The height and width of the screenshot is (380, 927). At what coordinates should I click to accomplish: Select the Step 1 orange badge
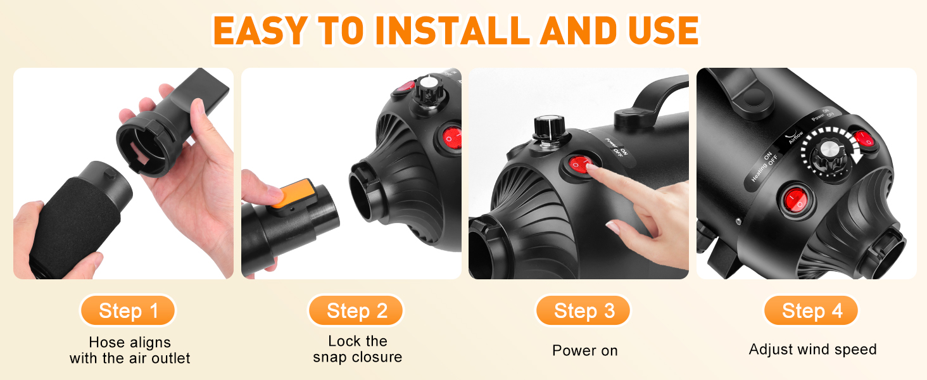click(128, 310)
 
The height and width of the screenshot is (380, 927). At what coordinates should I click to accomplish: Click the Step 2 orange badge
click(356, 310)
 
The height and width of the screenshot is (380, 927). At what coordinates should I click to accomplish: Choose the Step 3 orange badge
click(583, 310)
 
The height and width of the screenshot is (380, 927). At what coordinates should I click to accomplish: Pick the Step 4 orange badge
click(810, 310)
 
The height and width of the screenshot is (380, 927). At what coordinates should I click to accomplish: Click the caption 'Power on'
click(584, 351)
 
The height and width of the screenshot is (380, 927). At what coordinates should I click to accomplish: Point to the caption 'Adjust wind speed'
click(813, 350)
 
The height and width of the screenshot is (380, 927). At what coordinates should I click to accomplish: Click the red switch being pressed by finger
click(580, 165)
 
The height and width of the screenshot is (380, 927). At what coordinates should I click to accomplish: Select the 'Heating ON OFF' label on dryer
click(765, 167)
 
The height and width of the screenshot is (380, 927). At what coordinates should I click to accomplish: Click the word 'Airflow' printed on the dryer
click(795, 137)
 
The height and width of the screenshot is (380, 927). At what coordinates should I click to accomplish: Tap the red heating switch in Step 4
click(795, 200)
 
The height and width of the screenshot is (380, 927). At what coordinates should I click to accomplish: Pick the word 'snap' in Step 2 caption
click(331, 357)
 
